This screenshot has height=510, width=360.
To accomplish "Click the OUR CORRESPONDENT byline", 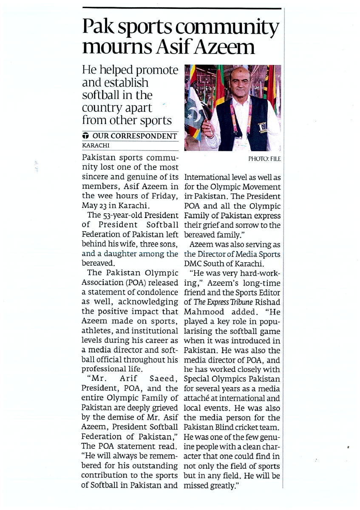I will [x=135, y=136].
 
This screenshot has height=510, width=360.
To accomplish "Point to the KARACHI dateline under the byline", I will [x=94, y=145].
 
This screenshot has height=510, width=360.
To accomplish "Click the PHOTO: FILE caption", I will [x=265, y=159].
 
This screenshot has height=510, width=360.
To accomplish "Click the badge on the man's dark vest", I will [x=262, y=126].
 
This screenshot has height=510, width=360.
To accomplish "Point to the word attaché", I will [x=200, y=399].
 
